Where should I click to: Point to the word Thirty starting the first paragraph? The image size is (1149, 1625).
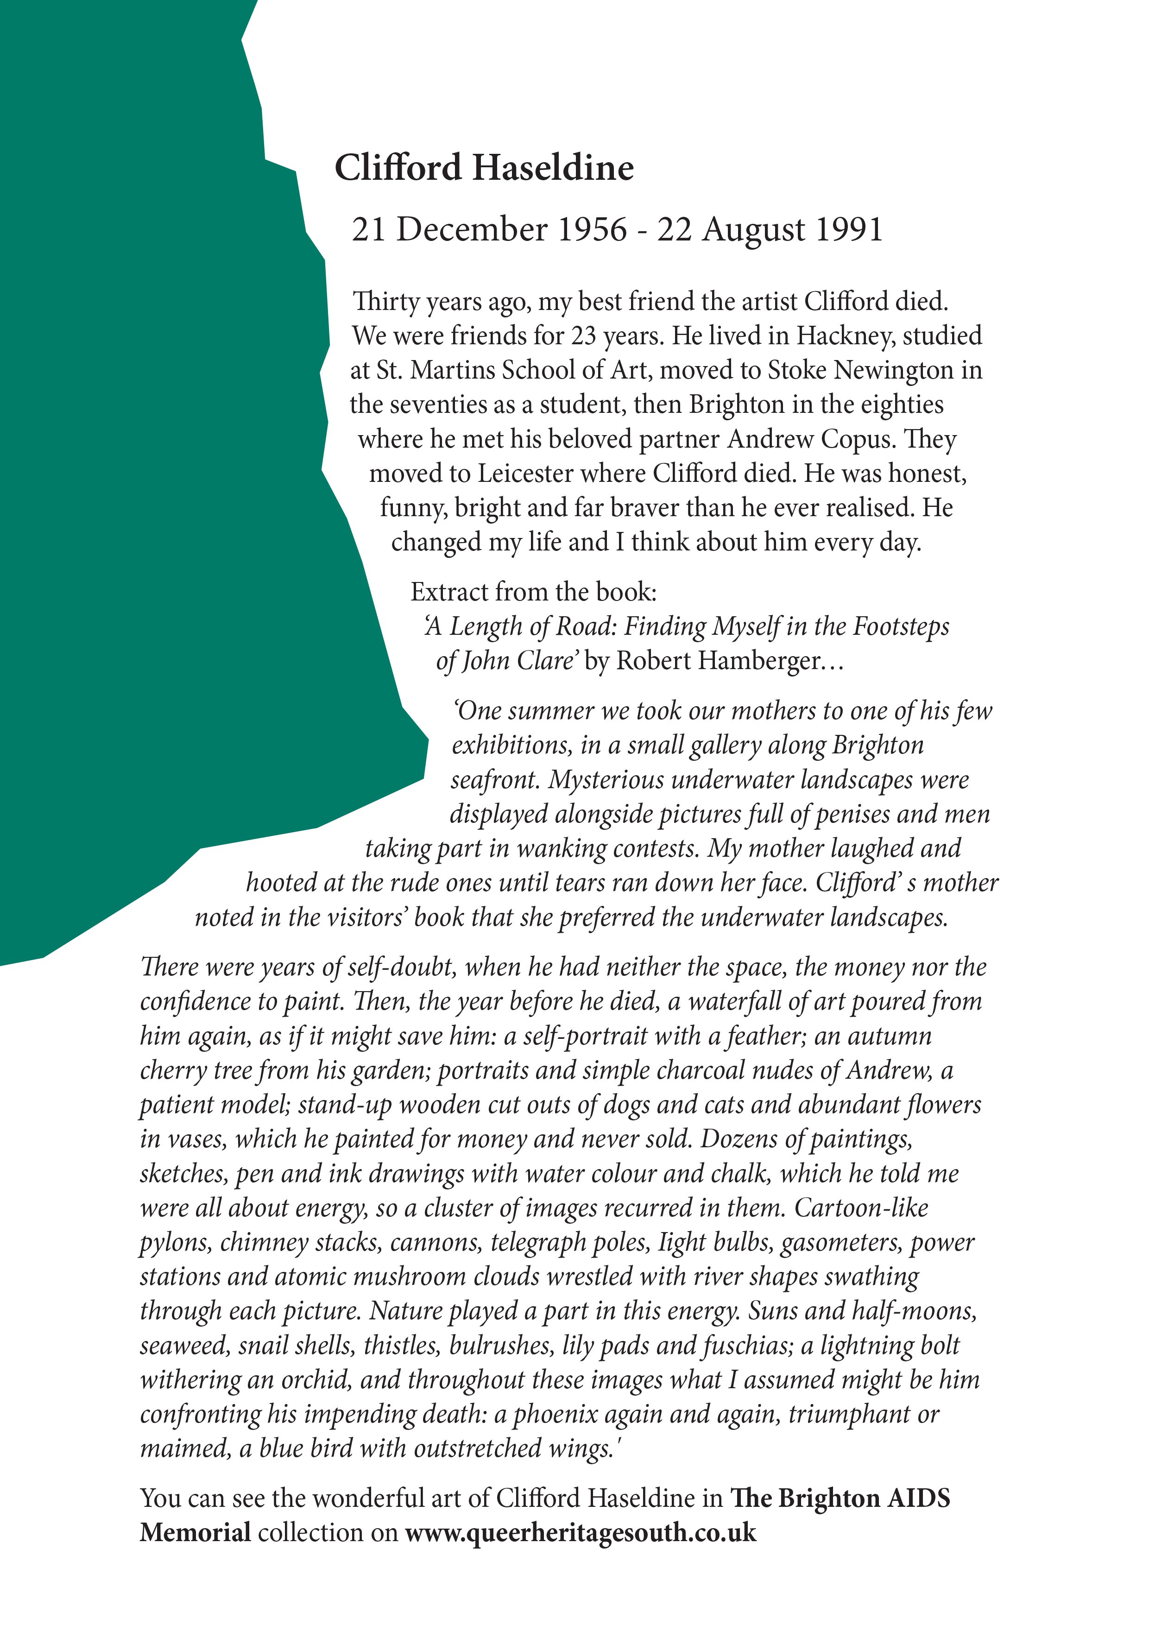(386, 302)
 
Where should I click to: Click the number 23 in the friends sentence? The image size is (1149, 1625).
(584, 336)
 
